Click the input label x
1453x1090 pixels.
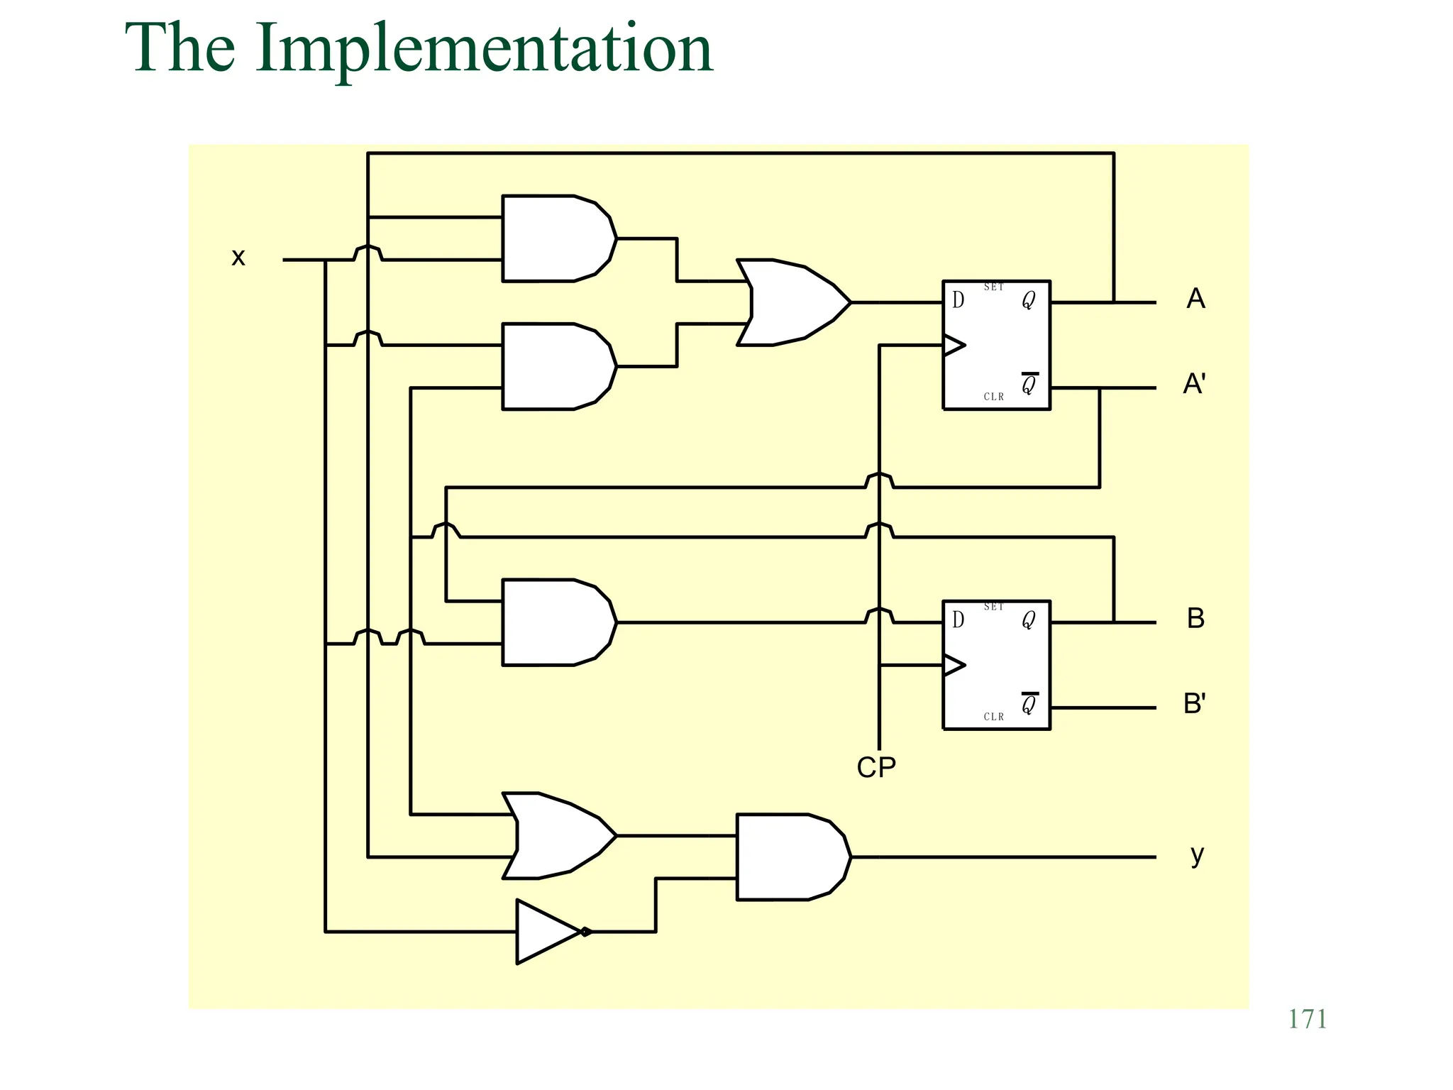(238, 257)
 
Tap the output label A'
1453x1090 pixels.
(1194, 384)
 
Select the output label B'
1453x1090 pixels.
(1194, 703)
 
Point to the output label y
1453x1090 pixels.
(1197, 854)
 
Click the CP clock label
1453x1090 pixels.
(876, 767)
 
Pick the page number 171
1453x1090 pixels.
(1307, 1019)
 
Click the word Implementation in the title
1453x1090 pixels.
(484, 48)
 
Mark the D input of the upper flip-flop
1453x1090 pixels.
(958, 300)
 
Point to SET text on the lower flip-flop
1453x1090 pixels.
(993, 607)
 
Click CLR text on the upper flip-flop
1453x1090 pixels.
(993, 397)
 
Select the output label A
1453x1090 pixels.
(1195, 299)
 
